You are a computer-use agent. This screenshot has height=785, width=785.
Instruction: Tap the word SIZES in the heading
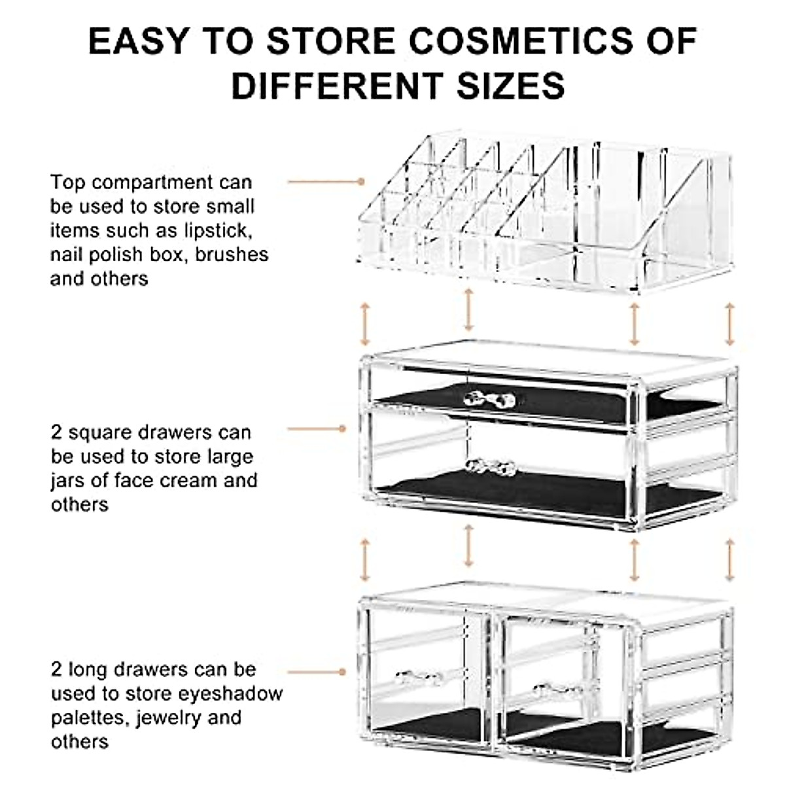tap(510, 86)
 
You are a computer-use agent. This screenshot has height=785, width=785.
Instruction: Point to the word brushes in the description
tap(232, 254)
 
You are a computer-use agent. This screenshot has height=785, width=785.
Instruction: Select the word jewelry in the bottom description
tap(170, 718)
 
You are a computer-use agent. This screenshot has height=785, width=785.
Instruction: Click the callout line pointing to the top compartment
tap(325, 181)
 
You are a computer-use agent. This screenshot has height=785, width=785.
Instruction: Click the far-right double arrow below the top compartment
tap(730, 324)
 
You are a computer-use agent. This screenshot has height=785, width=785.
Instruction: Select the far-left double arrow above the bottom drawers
tap(365, 560)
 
